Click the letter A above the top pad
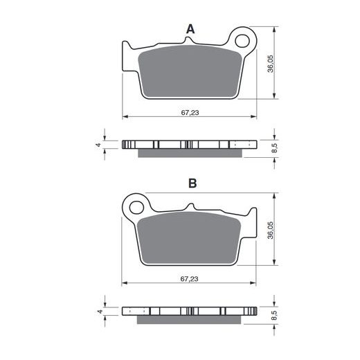click(190, 29)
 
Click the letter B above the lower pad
click(192, 183)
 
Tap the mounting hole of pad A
click(242, 41)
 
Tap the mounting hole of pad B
click(136, 207)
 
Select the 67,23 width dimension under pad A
click(190, 113)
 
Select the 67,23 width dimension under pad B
click(189, 279)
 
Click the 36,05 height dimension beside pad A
click(270, 64)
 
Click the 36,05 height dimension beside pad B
click(270, 230)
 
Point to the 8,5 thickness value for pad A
click(274, 148)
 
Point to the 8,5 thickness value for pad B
click(274, 315)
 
